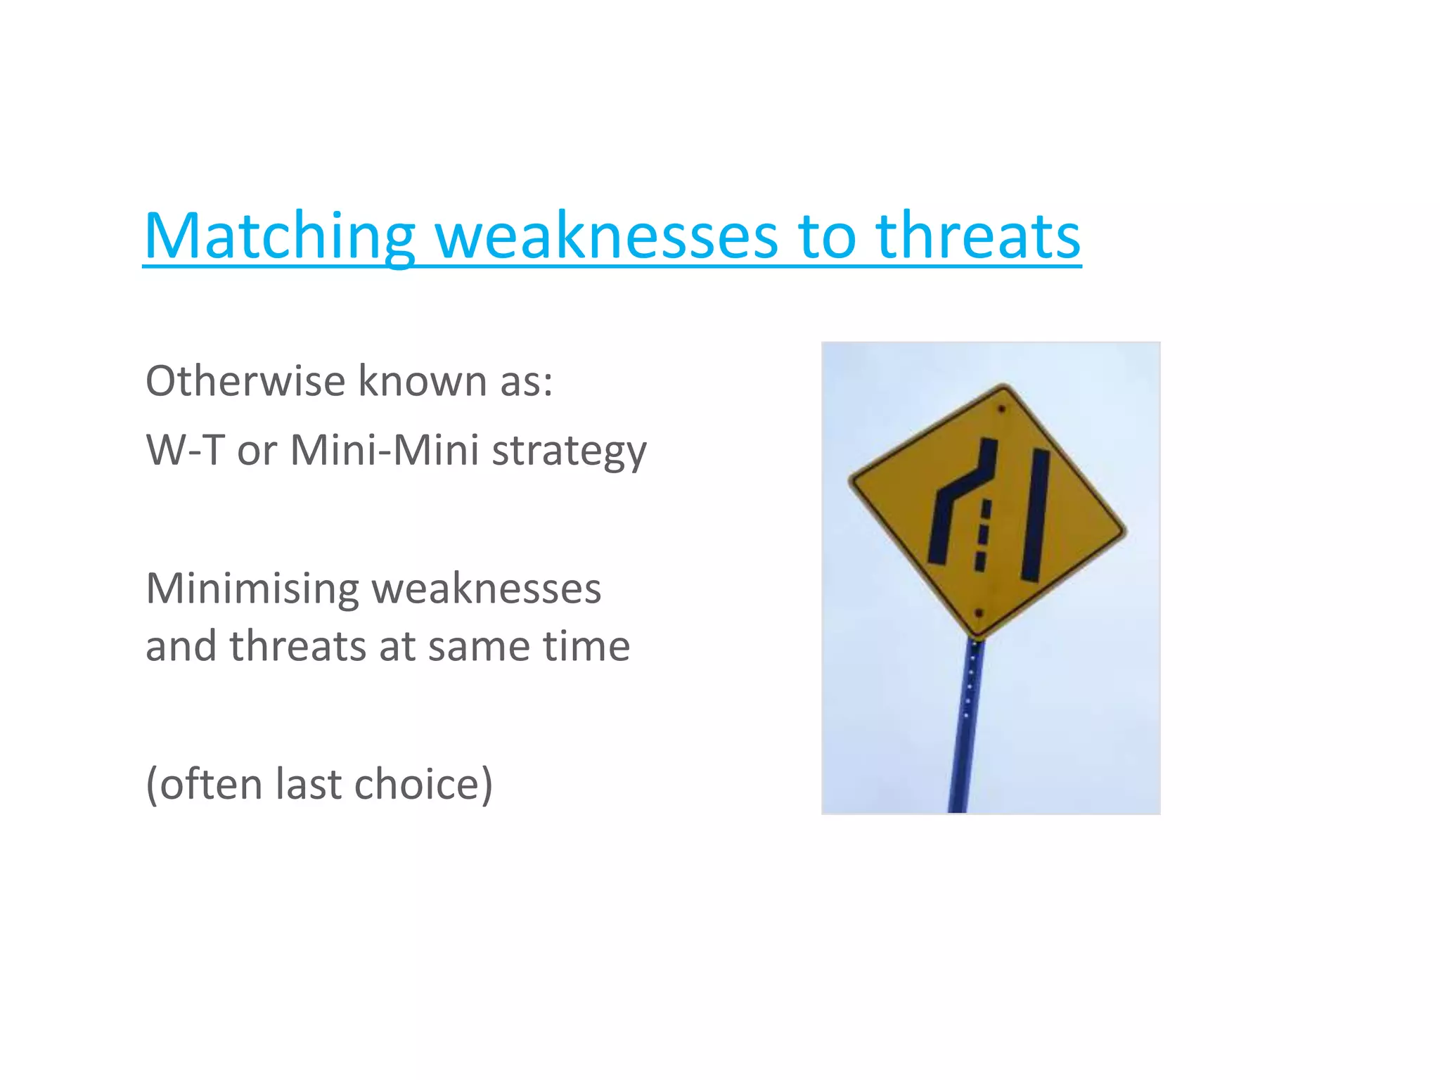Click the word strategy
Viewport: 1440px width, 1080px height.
pos(568,451)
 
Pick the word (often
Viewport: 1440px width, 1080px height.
pos(204,784)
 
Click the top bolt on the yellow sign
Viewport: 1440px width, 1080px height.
pos(1001,409)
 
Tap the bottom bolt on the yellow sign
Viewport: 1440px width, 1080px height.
pos(978,613)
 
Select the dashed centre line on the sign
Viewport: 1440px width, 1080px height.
pos(983,534)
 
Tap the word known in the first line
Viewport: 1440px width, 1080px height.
pos(423,381)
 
